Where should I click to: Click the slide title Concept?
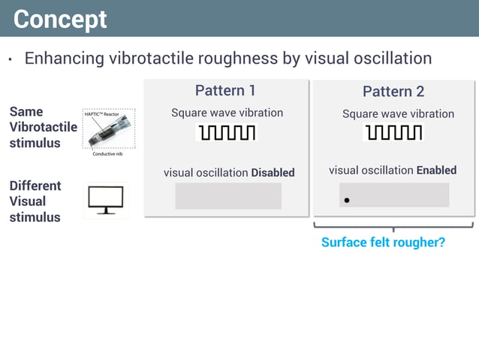pyautogui.click(x=60, y=19)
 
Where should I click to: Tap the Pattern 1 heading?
pyautogui.click(x=225, y=90)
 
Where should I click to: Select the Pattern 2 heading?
pyautogui.click(x=393, y=92)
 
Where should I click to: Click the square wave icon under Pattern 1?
pyautogui.click(x=226, y=133)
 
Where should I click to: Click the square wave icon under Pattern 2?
pyautogui.click(x=393, y=133)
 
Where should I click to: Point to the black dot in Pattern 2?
pyautogui.click(x=347, y=201)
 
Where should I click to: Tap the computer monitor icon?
pyautogui.click(x=106, y=199)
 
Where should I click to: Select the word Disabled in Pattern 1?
pyautogui.click(x=273, y=173)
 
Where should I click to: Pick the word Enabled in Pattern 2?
pyautogui.click(x=436, y=171)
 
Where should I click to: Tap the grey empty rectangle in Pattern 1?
pyautogui.click(x=228, y=196)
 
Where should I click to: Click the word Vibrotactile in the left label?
pyautogui.click(x=43, y=127)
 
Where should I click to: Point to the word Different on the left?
pyautogui.click(x=35, y=186)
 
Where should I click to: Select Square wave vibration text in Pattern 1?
pyautogui.click(x=227, y=113)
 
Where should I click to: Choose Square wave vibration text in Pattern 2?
pyautogui.click(x=398, y=114)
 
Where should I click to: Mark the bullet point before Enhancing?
pyautogui.click(x=11, y=60)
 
